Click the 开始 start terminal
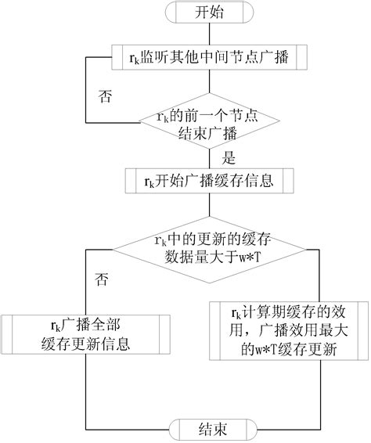coord(206,14)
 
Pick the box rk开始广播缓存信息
coord(206,182)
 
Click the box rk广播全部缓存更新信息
coord(85,333)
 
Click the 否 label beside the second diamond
coord(101,278)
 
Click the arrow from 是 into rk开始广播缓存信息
coord(206,165)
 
